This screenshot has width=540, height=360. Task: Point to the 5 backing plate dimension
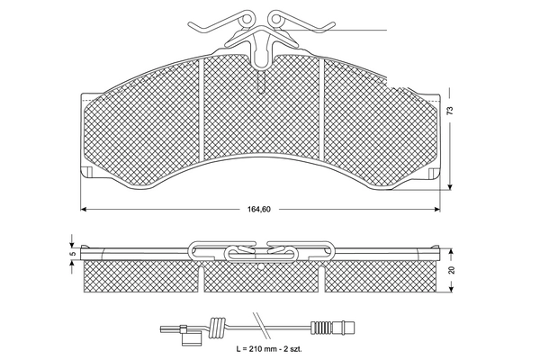(x=71, y=253)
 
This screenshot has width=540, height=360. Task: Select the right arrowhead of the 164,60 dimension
(x=438, y=209)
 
